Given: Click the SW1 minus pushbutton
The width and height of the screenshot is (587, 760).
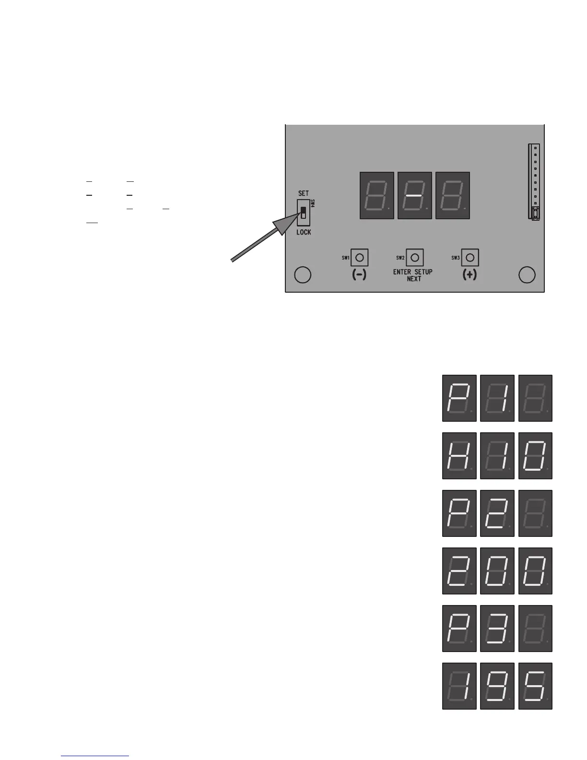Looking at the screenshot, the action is (x=359, y=258).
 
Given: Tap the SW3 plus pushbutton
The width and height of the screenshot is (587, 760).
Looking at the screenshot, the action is (x=470, y=258).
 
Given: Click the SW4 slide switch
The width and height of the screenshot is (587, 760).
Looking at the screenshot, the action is (x=303, y=213).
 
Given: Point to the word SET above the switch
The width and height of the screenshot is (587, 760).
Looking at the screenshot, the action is (x=304, y=193).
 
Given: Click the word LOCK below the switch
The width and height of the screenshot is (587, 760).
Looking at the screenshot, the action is (x=304, y=232).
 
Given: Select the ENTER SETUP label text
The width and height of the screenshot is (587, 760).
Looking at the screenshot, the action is (x=413, y=272).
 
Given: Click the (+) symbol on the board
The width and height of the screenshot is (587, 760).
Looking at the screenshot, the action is (x=470, y=275).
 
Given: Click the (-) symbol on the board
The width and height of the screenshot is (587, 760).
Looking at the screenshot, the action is (x=359, y=275).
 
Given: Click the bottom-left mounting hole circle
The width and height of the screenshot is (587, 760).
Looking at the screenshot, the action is (x=302, y=275).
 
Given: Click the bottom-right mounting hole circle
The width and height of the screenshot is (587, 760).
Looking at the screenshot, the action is (x=527, y=275).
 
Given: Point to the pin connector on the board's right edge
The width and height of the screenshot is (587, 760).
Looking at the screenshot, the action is (x=534, y=181).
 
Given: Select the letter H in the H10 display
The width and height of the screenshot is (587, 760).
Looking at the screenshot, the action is (x=459, y=455).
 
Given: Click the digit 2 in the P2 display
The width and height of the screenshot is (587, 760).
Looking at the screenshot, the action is (x=497, y=513).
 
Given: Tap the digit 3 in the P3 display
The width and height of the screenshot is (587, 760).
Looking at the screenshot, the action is (x=497, y=628).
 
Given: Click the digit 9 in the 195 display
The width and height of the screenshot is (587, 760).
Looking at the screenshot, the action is (x=497, y=686).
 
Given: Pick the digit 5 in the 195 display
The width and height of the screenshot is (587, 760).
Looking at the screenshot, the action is (x=536, y=686).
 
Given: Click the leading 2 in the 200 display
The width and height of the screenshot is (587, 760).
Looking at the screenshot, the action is (x=459, y=570).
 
